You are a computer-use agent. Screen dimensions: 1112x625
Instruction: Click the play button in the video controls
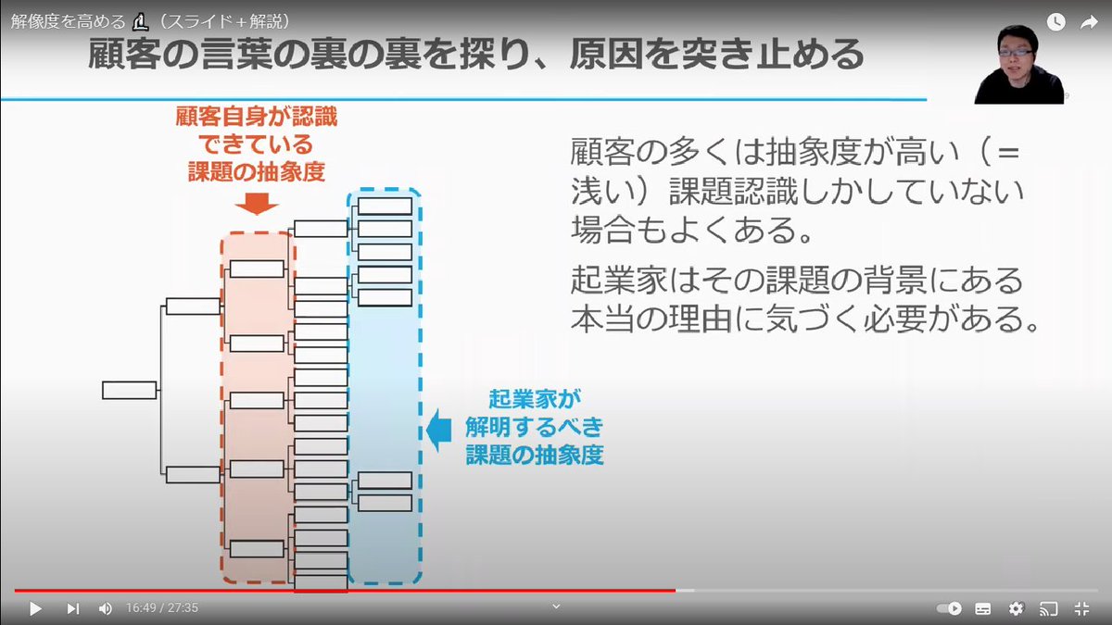tap(35, 608)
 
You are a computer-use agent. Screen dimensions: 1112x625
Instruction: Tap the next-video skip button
tap(73, 608)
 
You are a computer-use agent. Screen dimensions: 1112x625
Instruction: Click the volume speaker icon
tap(105, 608)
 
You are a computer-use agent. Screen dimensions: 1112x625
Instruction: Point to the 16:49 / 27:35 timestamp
tap(162, 608)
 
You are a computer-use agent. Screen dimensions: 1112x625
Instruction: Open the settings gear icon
tap(1016, 608)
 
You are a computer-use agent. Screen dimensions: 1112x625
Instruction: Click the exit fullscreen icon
tap(1081, 608)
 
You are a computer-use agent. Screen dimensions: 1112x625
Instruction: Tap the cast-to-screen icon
tap(1048, 608)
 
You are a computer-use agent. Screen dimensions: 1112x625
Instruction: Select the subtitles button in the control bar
tap(983, 608)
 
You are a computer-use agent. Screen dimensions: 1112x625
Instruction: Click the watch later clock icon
tap(1055, 23)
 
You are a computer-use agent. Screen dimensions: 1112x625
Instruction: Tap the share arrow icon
tap(1089, 23)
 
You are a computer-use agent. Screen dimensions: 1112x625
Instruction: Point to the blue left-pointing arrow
tap(437, 430)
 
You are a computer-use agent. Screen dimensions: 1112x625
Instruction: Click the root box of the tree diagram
tap(129, 390)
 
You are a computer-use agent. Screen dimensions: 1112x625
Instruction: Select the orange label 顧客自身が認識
tap(257, 118)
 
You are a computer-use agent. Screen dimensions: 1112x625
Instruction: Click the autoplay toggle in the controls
tap(949, 608)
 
